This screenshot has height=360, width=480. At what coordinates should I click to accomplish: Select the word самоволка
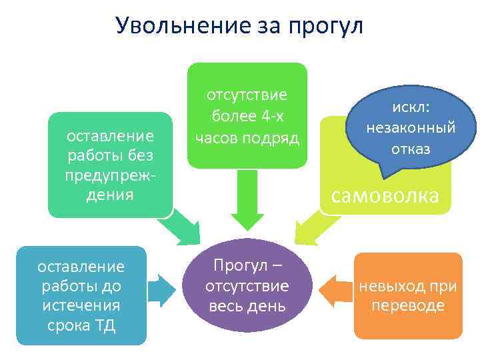tap(385, 195)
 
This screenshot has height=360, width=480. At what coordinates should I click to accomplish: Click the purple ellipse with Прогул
tap(247, 285)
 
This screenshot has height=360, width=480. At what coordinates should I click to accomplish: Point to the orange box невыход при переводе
tap(407, 295)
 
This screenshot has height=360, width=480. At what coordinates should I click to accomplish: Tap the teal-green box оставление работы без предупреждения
tap(110, 165)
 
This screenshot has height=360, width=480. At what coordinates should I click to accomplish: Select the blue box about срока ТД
tap(81, 295)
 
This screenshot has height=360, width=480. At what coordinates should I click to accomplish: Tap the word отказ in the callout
tap(411, 148)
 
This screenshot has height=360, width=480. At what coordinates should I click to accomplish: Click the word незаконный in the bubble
tap(411, 127)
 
